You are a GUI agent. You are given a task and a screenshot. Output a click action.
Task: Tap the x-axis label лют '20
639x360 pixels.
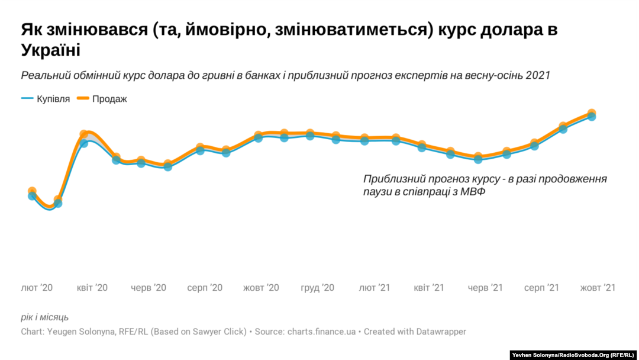click(x=37, y=288)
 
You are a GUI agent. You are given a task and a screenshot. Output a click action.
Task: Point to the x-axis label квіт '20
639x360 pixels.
click(x=92, y=288)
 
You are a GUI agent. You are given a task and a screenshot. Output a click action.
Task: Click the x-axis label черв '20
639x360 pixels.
click(x=149, y=288)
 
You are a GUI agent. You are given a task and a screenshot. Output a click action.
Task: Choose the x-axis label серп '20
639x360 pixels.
click(x=205, y=288)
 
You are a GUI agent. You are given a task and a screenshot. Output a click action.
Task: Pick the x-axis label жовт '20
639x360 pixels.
click(x=261, y=288)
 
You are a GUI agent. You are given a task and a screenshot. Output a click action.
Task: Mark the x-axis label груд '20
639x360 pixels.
click(x=318, y=288)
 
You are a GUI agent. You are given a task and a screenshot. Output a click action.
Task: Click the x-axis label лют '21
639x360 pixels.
click(x=375, y=288)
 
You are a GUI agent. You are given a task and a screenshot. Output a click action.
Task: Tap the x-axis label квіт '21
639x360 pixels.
click(x=429, y=288)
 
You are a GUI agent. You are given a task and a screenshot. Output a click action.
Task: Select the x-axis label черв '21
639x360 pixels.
click(x=485, y=288)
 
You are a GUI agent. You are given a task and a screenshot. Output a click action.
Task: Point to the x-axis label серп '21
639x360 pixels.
click(x=541, y=288)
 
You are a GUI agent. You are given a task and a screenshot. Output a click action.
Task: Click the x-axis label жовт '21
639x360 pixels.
click(x=598, y=288)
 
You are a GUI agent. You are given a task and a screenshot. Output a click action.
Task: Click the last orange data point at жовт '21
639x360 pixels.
click(x=592, y=112)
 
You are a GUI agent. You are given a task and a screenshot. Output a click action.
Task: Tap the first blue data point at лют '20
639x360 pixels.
click(x=32, y=196)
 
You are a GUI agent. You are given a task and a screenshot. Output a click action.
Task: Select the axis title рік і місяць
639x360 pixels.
click(x=45, y=317)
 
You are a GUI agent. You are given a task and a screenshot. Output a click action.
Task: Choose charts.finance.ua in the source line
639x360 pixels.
click(x=321, y=332)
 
